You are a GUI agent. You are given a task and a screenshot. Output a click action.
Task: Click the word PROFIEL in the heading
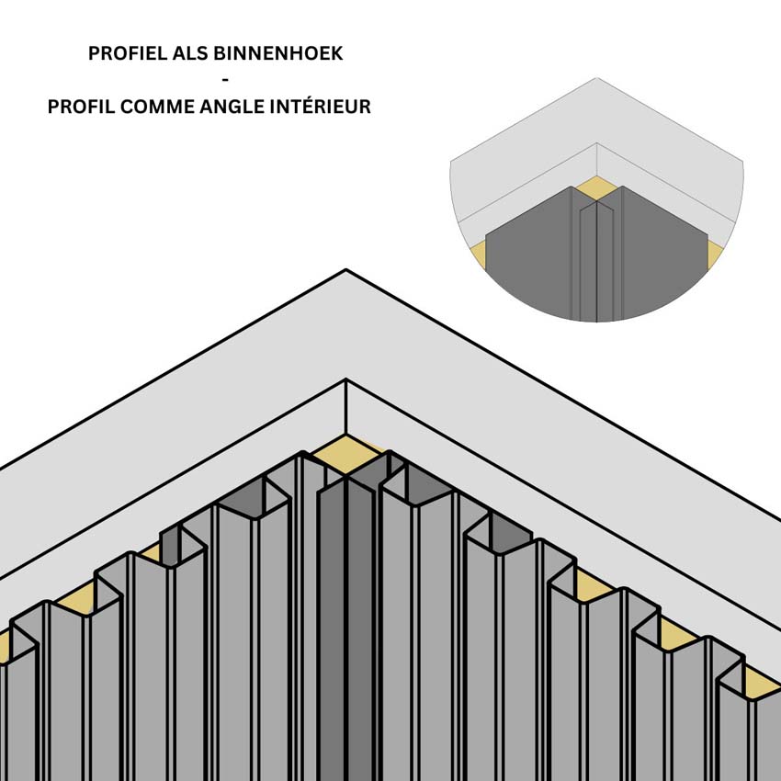coord(128,53)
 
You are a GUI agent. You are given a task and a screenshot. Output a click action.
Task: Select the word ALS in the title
coord(190,53)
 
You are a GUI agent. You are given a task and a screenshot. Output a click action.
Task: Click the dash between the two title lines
coord(226,80)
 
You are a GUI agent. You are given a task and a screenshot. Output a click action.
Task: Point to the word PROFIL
coord(81,107)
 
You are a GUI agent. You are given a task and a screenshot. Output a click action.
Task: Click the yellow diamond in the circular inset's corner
coord(596,188)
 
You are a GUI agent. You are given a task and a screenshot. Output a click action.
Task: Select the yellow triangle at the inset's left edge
coord(478,253)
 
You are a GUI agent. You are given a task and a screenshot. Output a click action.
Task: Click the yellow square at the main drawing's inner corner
coord(346,454)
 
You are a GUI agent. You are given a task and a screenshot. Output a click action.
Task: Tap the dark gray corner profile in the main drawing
coord(345,628)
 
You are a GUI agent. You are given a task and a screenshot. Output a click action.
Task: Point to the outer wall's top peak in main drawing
coord(346,270)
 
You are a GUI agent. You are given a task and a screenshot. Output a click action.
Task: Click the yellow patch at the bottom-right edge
coord(762,684)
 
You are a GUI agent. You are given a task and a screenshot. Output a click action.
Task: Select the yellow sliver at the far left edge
coord(4,647)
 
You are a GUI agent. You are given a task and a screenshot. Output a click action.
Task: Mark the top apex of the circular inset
coord(596,78)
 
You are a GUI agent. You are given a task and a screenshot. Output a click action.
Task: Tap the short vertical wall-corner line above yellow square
coord(346,406)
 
